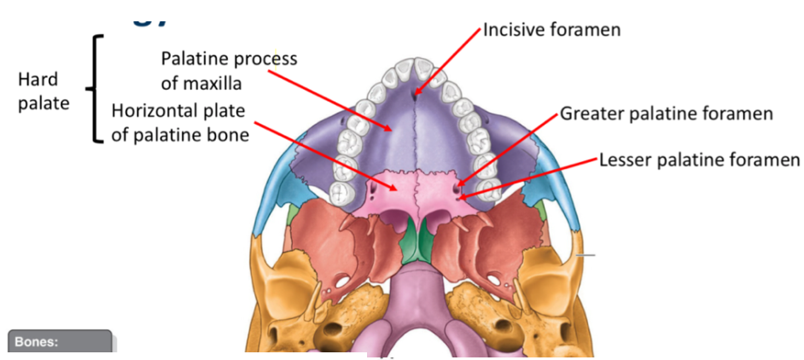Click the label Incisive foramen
click(x=551, y=30)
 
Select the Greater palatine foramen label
click(x=666, y=113)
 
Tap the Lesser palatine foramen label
click(x=699, y=160)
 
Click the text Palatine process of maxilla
click(x=229, y=70)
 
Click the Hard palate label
click(x=44, y=92)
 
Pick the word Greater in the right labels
click(x=588, y=113)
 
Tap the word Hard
click(x=38, y=80)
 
